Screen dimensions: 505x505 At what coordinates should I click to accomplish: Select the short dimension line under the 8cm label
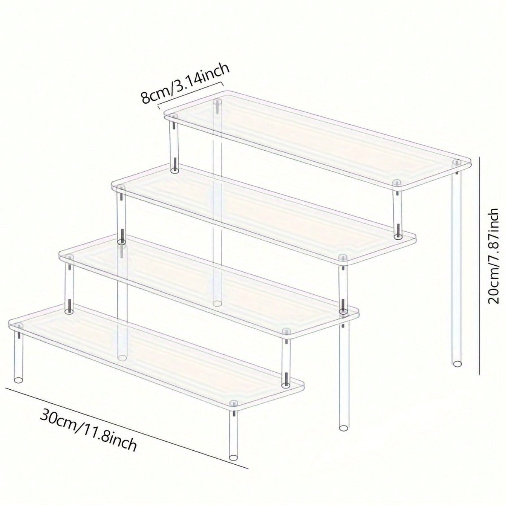[191, 92]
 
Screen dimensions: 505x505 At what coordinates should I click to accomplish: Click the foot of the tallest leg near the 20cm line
[456, 363]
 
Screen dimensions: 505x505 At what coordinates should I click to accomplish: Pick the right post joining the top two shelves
[396, 211]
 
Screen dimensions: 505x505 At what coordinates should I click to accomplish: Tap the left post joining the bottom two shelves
[69, 286]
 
